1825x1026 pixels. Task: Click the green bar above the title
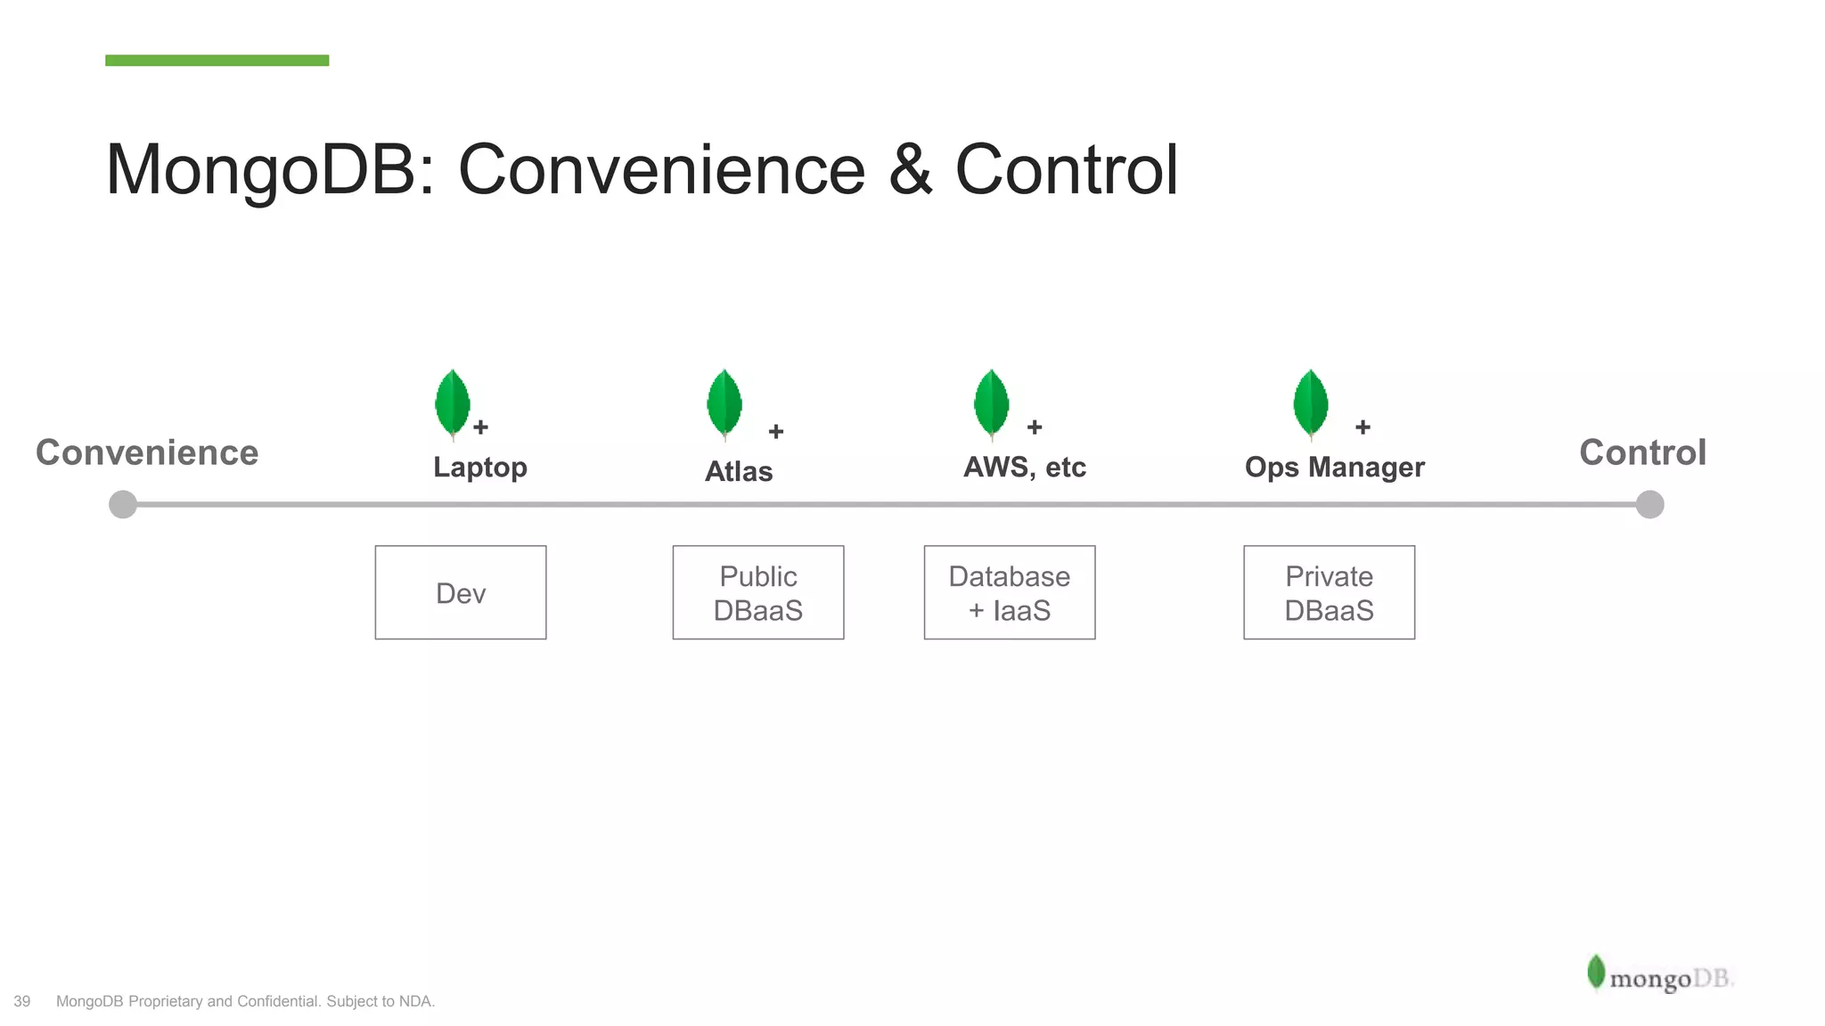pos(217,61)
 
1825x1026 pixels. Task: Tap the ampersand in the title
pos(910,170)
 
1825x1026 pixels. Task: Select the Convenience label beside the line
pos(147,452)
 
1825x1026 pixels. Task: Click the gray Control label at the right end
pos(1642,452)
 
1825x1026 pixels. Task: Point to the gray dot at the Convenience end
pos(123,504)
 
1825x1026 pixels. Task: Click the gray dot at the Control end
pos(1649,504)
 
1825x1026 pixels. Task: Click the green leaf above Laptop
pos(453,403)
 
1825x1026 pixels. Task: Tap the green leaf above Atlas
pos(724,403)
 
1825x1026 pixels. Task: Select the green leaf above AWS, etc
pos(992,403)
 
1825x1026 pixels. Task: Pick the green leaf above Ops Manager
pos(1311,403)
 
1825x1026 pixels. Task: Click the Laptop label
pos(479,467)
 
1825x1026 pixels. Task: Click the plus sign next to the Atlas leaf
pos(776,431)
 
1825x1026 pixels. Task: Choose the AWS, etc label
pos(1025,467)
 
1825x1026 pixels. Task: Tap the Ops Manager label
pos(1334,467)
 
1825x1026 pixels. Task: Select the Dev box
pos(461,592)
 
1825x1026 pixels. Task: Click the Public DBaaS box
pos(758,592)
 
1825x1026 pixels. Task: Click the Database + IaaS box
pos(1010,592)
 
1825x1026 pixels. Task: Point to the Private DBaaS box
pos(1329,592)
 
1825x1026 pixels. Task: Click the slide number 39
pos(22,1001)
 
